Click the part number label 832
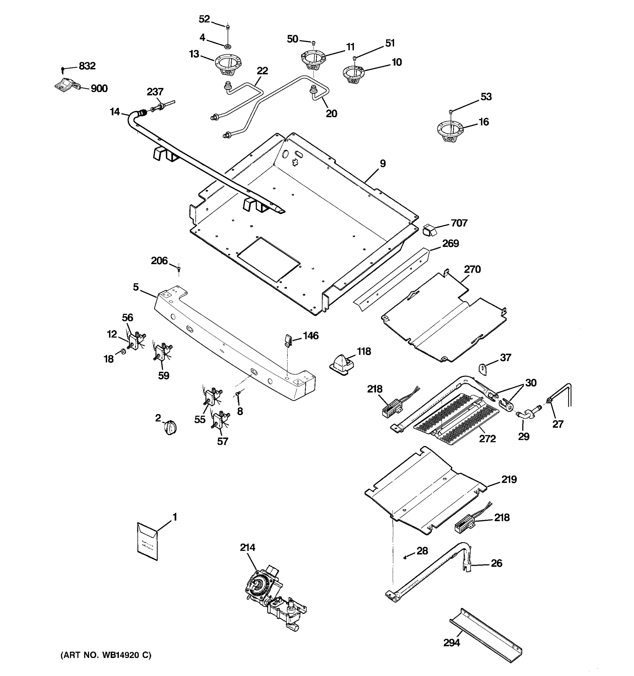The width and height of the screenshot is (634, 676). [87, 66]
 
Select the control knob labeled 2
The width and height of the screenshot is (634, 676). [170, 427]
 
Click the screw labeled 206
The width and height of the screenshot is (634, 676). [179, 269]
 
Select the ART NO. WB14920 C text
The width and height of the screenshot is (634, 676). [106, 655]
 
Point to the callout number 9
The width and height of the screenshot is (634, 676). [383, 164]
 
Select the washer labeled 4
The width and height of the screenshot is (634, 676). [228, 45]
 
